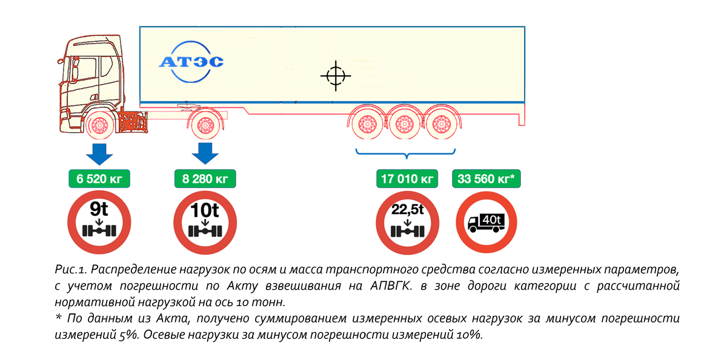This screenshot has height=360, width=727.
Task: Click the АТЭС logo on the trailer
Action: [191, 61]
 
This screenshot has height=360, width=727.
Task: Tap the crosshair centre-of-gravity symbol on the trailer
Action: [334, 76]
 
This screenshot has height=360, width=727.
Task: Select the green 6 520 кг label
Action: [99, 179]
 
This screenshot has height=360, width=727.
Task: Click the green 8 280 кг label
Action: [205, 179]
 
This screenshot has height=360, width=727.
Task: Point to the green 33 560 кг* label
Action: [486, 179]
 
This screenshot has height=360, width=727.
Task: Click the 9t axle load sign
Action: [99, 223]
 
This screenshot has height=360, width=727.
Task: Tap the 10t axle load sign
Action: [205, 223]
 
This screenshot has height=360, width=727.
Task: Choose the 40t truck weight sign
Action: [486, 223]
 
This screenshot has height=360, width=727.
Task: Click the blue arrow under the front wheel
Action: [99, 154]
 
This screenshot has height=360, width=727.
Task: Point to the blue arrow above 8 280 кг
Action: [205, 154]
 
